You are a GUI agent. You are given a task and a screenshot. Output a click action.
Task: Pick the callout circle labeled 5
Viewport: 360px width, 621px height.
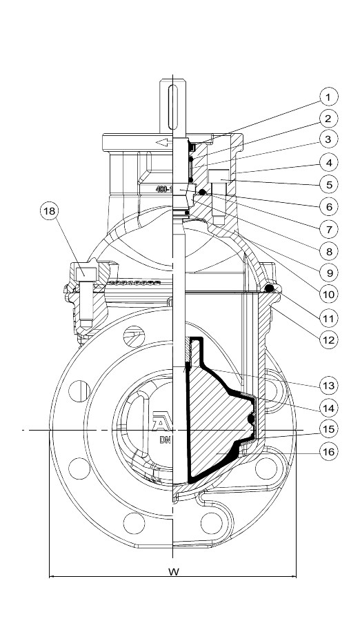(329, 184)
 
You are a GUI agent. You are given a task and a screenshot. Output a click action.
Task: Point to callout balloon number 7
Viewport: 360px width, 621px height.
(329, 228)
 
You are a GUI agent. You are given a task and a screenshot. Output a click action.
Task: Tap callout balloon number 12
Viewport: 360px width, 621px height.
(329, 339)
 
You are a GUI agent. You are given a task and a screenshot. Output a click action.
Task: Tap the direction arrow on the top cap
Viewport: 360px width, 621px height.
(163, 143)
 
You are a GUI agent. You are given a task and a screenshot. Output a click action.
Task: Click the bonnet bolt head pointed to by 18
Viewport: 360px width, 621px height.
(84, 272)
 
